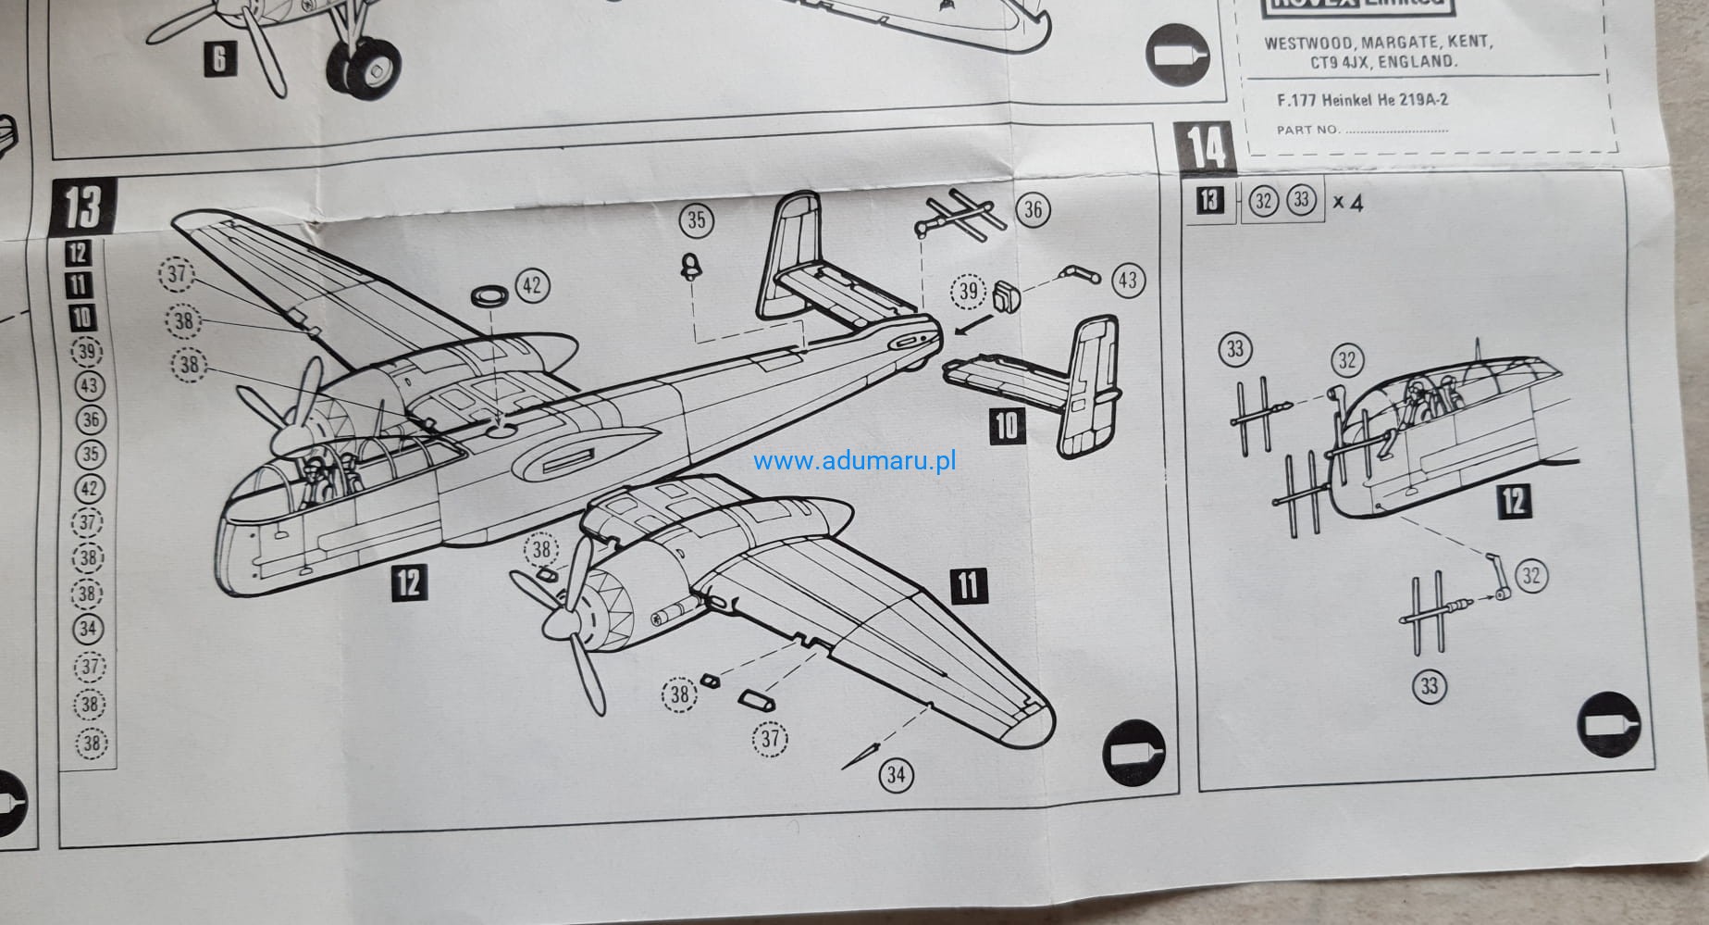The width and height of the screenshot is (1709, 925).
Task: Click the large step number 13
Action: tap(83, 206)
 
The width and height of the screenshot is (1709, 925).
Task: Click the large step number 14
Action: tap(1207, 148)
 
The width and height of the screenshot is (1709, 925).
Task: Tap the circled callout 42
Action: tap(531, 285)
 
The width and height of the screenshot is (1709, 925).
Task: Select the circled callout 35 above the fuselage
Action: tap(696, 219)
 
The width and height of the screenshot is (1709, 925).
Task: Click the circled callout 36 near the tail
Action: tap(1033, 210)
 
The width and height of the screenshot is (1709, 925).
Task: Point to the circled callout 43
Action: tap(1127, 279)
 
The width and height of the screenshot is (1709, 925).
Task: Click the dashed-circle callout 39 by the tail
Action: tap(968, 292)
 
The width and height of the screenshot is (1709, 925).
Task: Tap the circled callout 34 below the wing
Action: tap(896, 774)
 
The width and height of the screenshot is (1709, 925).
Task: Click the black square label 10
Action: tap(1006, 425)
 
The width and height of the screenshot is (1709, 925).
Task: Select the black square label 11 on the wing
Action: tap(968, 585)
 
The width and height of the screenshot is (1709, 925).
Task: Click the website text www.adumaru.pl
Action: tap(854, 461)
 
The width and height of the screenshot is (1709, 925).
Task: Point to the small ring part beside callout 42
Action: tap(489, 296)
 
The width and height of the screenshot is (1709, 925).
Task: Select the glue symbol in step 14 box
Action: tap(1607, 723)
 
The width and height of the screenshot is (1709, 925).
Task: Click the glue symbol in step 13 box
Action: tap(1134, 750)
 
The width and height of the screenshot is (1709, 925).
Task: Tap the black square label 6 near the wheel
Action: tap(219, 59)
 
